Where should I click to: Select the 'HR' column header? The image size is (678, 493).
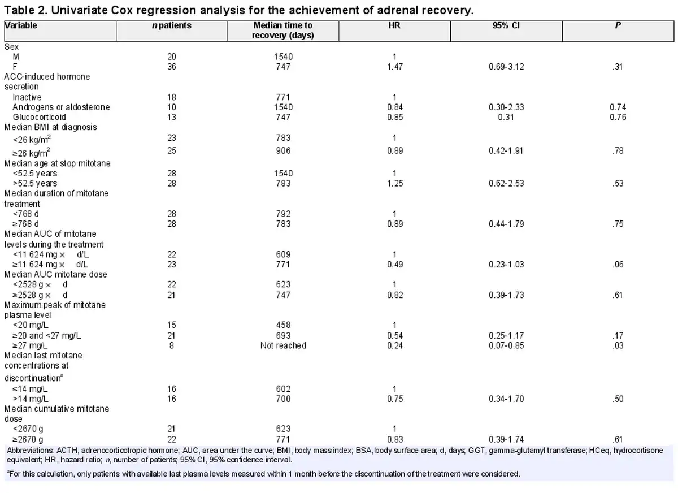point(394,25)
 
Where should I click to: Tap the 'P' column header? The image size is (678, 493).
point(619,25)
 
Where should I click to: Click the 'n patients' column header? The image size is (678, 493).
point(172,25)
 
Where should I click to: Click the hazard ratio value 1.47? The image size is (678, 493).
point(394,67)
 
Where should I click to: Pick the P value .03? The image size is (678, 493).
point(619,345)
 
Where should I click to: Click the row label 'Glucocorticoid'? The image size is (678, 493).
point(39,117)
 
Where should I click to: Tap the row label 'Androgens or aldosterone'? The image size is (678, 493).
point(61,107)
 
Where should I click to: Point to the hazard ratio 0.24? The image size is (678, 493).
point(394,345)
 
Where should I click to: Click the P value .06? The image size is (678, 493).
point(619,264)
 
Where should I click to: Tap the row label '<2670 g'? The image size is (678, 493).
point(28,429)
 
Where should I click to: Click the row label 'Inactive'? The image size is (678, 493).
point(27,97)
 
